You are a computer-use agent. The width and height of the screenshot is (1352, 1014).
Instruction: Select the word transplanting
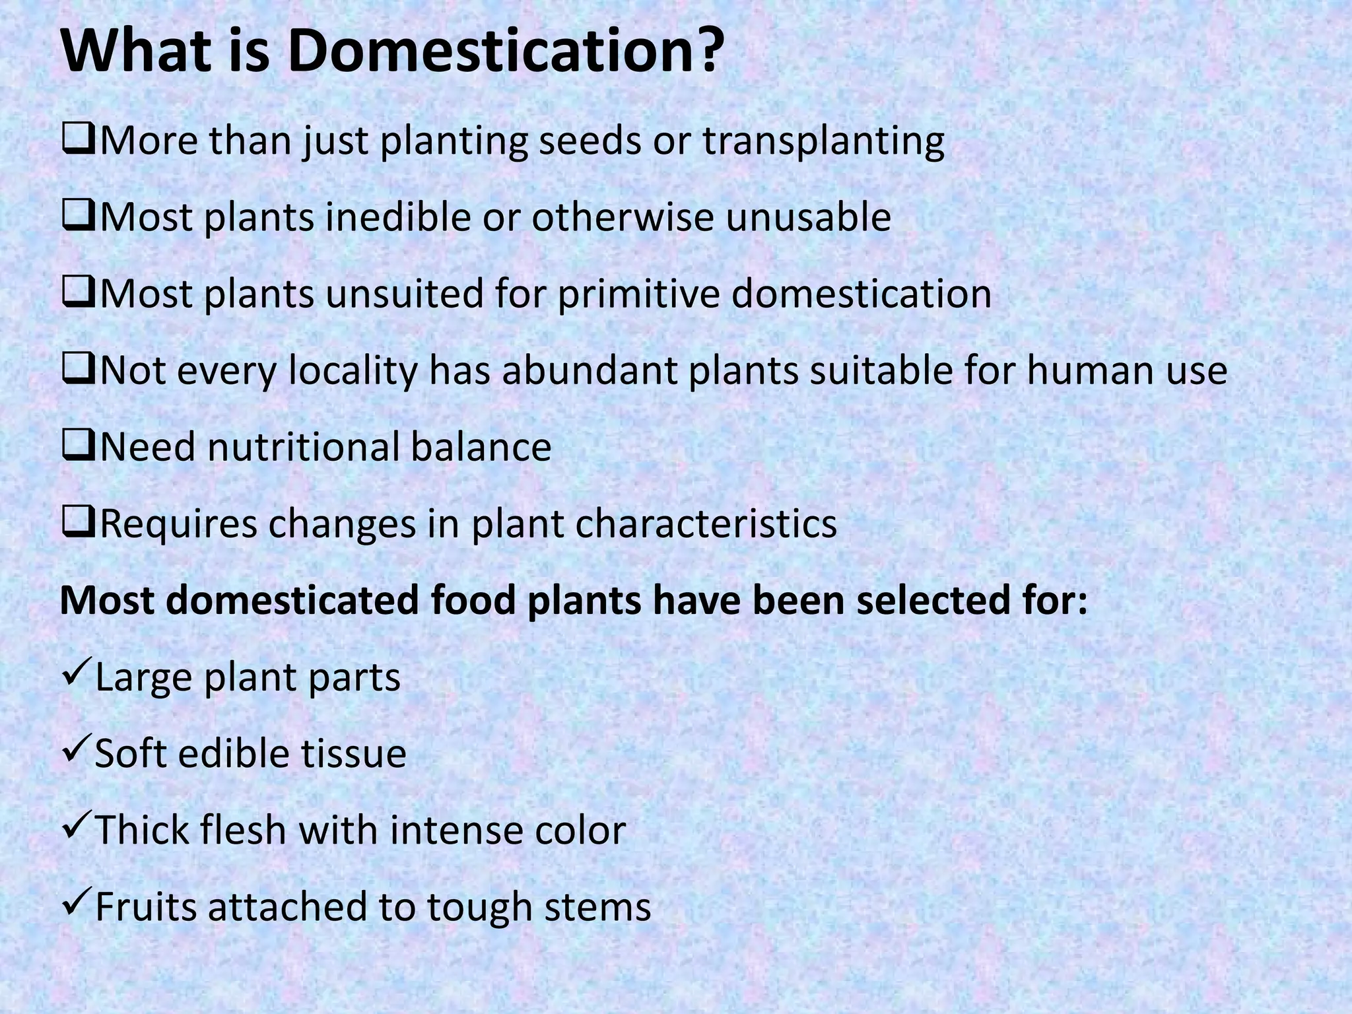(823, 143)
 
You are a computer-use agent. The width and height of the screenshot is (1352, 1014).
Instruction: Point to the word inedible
(398, 217)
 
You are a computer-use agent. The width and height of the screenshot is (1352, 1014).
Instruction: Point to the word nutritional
(304, 447)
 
